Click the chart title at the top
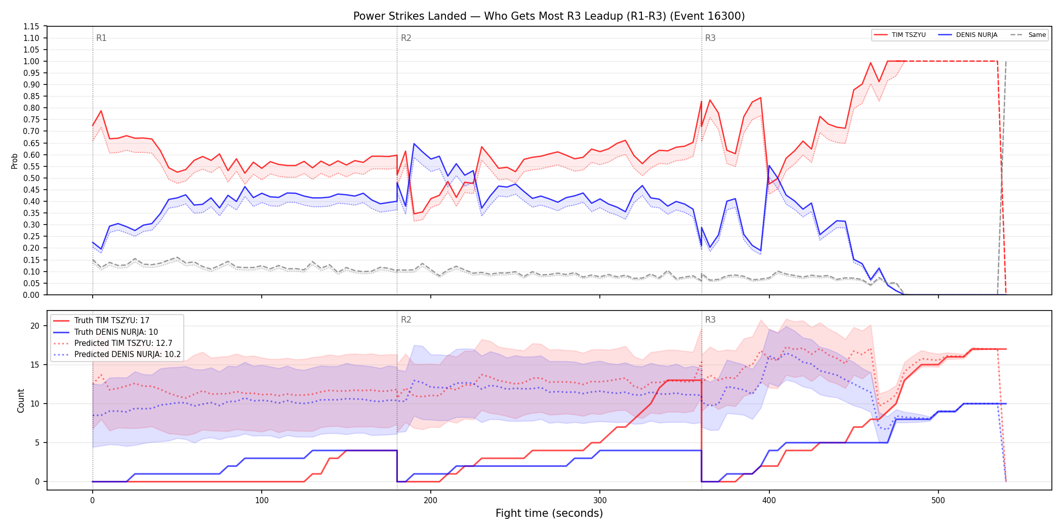click(549, 16)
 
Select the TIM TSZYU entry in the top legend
click(900, 35)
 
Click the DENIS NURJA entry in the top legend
click(968, 35)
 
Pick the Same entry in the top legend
click(1028, 35)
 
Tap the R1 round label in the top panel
click(101, 38)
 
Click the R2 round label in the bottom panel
click(406, 320)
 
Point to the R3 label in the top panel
click(710, 38)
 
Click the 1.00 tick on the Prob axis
click(31, 61)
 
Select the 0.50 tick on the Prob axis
click(31, 178)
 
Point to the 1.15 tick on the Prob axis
click(31, 26)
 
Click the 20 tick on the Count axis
click(35, 326)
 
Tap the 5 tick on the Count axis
click(37, 442)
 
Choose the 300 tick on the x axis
click(600, 501)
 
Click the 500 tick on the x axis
click(938, 501)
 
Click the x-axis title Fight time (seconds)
click(549, 513)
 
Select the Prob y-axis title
click(15, 161)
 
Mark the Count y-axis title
click(21, 401)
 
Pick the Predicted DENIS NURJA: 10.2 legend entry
click(117, 355)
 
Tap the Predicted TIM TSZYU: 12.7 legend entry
click(113, 343)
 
